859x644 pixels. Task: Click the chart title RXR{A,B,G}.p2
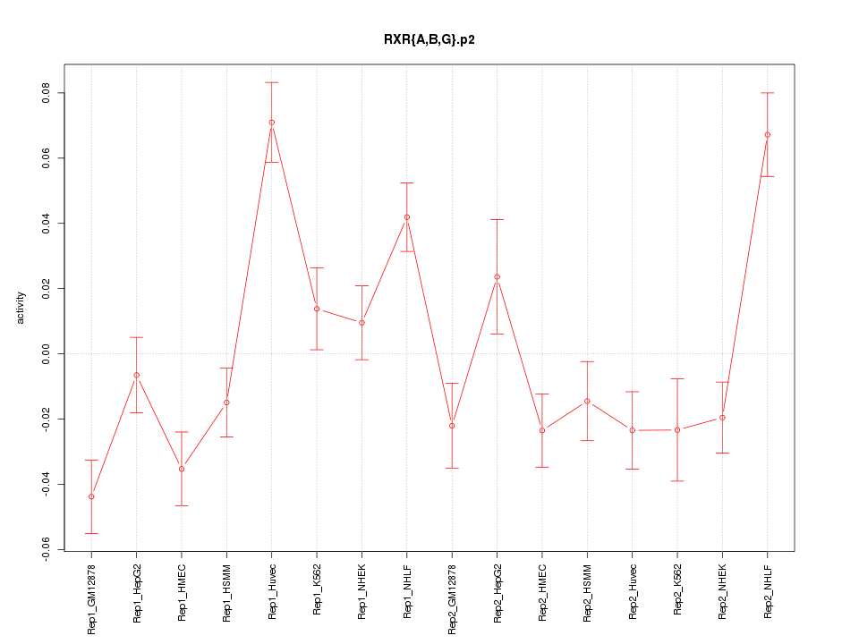tap(429, 39)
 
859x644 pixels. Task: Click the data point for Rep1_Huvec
tap(271, 123)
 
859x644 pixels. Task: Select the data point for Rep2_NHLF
tap(767, 135)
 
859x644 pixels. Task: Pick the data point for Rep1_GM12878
tap(91, 496)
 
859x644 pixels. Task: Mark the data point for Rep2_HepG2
tap(497, 276)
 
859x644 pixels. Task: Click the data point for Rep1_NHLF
tap(406, 217)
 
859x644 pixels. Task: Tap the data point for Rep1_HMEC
tap(182, 469)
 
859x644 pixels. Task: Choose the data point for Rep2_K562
tap(677, 430)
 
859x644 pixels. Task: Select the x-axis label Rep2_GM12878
tap(452, 598)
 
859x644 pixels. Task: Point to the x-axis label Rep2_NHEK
tap(722, 591)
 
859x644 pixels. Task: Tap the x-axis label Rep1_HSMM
tap(226, 592)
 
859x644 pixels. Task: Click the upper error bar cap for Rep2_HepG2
tap(497, 219)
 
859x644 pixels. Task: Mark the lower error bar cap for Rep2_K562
tap(677, 481)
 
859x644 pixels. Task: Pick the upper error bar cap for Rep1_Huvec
tap(271, 82)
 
